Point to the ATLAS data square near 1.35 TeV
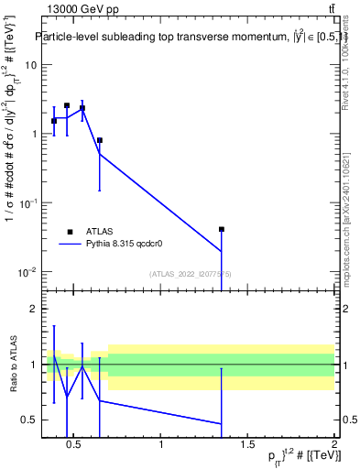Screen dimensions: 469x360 point(221,230)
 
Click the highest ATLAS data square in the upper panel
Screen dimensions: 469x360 point(67,105)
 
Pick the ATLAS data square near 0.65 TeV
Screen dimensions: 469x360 point(99,140)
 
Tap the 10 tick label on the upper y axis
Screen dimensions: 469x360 point(31,65)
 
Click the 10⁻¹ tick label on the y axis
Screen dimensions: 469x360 point(27,203)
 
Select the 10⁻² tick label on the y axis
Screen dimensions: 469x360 point(27,272)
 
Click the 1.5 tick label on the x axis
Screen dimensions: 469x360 point(247,445)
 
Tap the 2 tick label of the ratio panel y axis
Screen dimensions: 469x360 point(33,309)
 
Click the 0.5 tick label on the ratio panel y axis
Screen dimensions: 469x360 point(29,420)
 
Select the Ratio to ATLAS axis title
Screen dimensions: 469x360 point(12,365)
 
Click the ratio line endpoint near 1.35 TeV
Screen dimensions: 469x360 point(221,423)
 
